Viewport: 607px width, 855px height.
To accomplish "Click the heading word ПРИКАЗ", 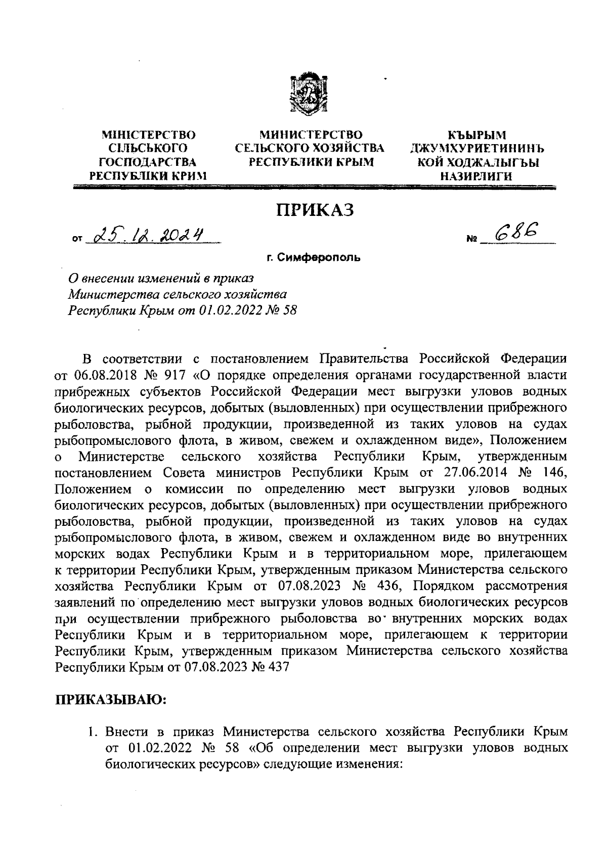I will (x=314, y=209).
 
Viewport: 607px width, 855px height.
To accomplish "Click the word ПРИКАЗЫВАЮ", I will (x=111, y=699).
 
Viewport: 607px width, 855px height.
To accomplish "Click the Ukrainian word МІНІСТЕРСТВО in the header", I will (x=149, y=135).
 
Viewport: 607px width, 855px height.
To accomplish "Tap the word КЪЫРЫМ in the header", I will (x=477, y=135).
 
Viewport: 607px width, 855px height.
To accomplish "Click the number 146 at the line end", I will (x=554, y=473).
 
